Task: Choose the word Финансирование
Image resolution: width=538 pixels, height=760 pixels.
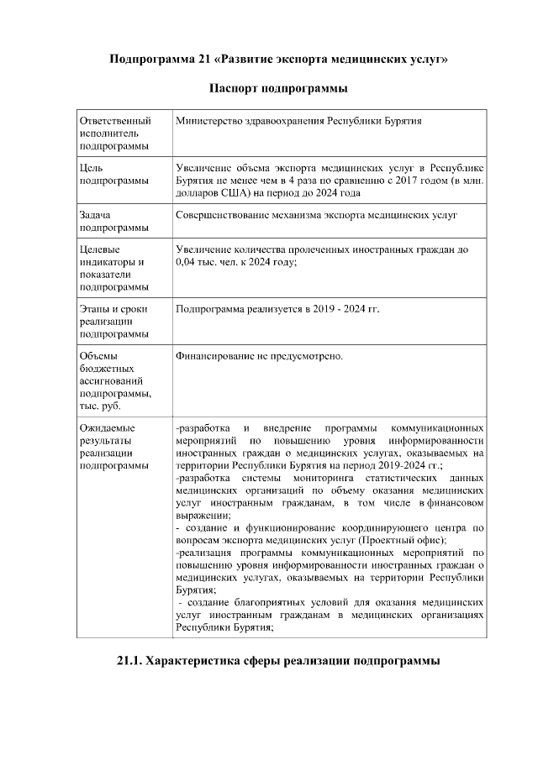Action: [x=217, y=357]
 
